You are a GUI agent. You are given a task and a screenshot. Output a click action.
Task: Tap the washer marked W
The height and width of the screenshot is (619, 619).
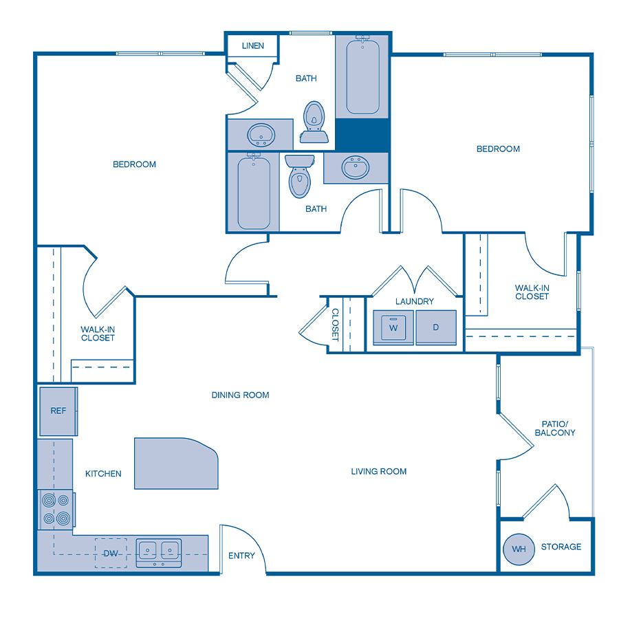tap(393, 327)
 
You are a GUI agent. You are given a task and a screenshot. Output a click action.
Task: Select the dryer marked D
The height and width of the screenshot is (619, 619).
tap(435, 327)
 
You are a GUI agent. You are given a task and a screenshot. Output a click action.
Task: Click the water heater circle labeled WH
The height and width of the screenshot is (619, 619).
tap(519, 548)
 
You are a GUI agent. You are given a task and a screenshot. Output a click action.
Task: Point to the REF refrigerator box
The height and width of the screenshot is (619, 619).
tap(58, 411)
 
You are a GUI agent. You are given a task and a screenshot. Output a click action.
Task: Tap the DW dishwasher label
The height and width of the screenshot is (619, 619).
tap(111, 553)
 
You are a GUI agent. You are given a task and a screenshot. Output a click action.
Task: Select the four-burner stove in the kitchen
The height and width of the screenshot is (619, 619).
tap(56, 509)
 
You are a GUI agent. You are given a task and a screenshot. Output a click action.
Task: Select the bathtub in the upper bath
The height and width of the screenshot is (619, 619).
tap(362, 76)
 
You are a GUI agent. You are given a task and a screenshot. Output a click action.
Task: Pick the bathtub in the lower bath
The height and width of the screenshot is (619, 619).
tap(254, 192)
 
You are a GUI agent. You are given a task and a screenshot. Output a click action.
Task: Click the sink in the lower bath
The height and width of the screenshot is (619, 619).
tap(356, 168)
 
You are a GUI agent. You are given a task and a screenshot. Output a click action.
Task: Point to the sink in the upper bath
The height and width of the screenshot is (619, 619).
tap(261, 133)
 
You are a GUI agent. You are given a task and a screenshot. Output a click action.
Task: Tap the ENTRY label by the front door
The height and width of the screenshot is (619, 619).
tap(241, 556)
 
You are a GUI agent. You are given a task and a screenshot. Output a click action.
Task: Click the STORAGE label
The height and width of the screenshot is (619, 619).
tap(561, 547)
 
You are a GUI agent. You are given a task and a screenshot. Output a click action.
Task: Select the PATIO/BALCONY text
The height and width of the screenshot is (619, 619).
tap(554, 428)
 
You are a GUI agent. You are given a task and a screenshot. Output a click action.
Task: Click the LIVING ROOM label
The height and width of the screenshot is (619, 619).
tap(378, 471)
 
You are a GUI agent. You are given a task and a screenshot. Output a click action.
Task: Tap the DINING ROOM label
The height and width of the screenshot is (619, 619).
tap(240, 395)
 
